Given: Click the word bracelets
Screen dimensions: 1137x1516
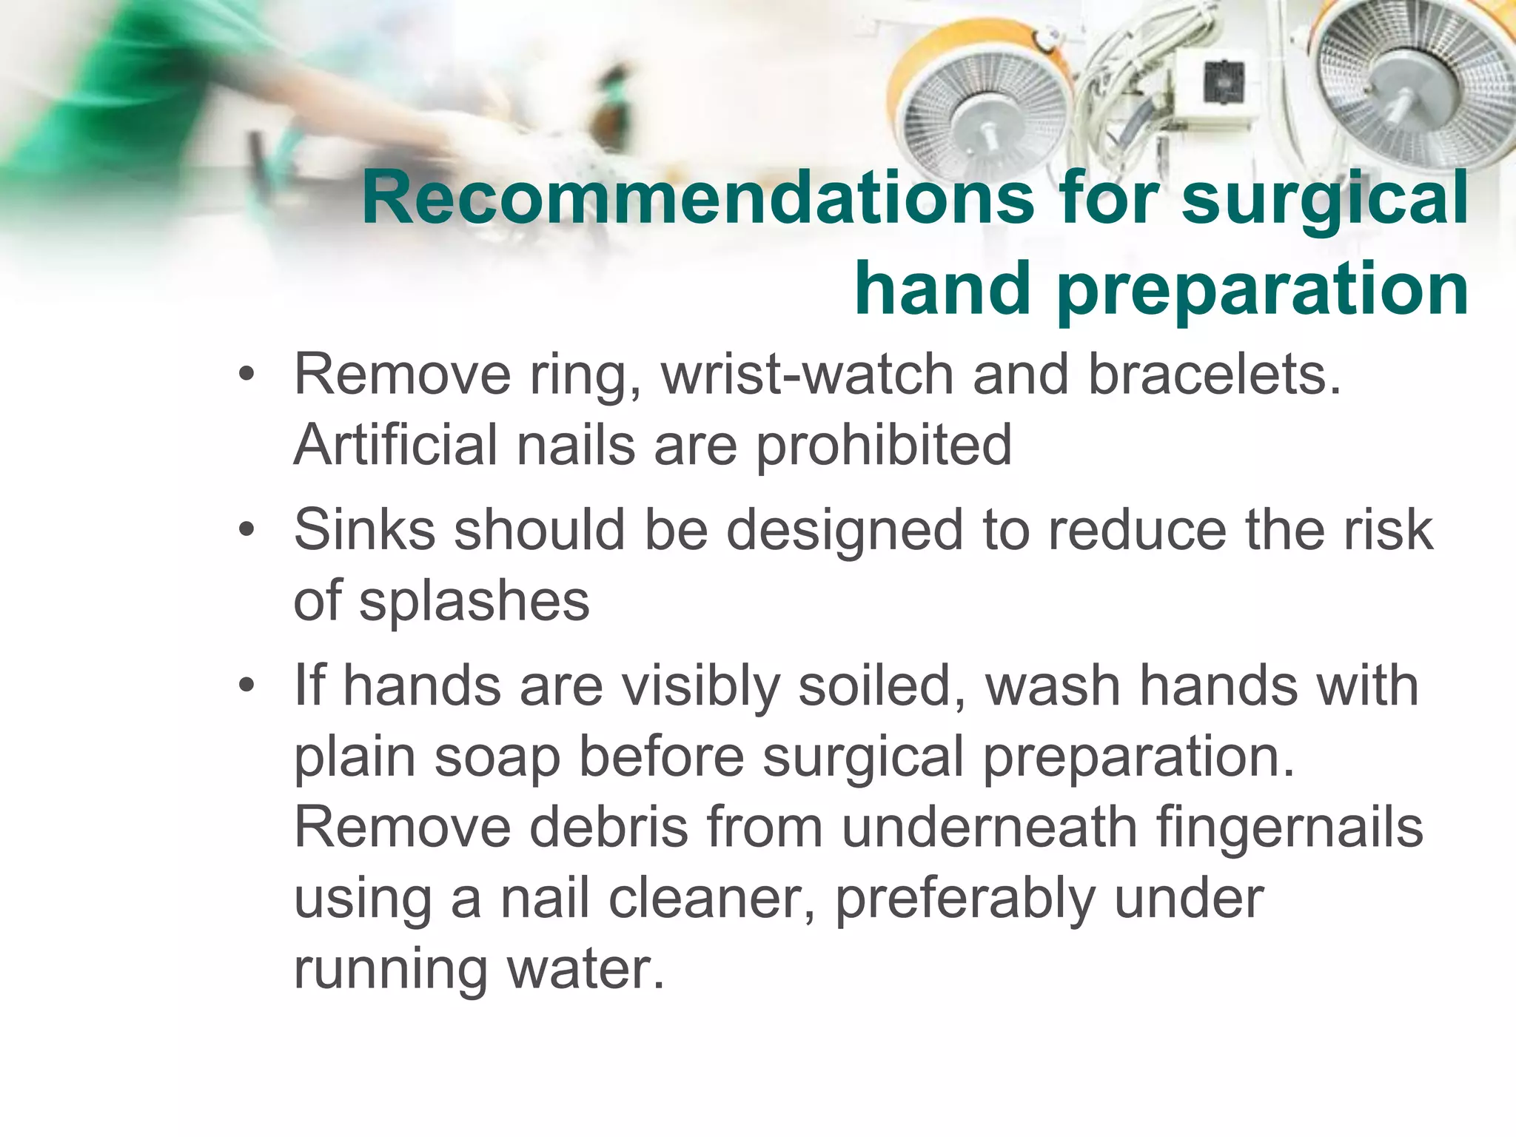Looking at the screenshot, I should [1214, 375].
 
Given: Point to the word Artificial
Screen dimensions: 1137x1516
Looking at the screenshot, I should [395, 445].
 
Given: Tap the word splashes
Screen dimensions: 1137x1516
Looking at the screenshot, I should [474, 601].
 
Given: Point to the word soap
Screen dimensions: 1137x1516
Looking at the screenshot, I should [497, 757].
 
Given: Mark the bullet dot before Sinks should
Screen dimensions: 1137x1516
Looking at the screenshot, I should [246, 529].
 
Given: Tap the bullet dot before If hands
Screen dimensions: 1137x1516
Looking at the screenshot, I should [246, 685].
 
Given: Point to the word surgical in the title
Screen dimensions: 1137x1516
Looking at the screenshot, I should [1324, 198].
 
